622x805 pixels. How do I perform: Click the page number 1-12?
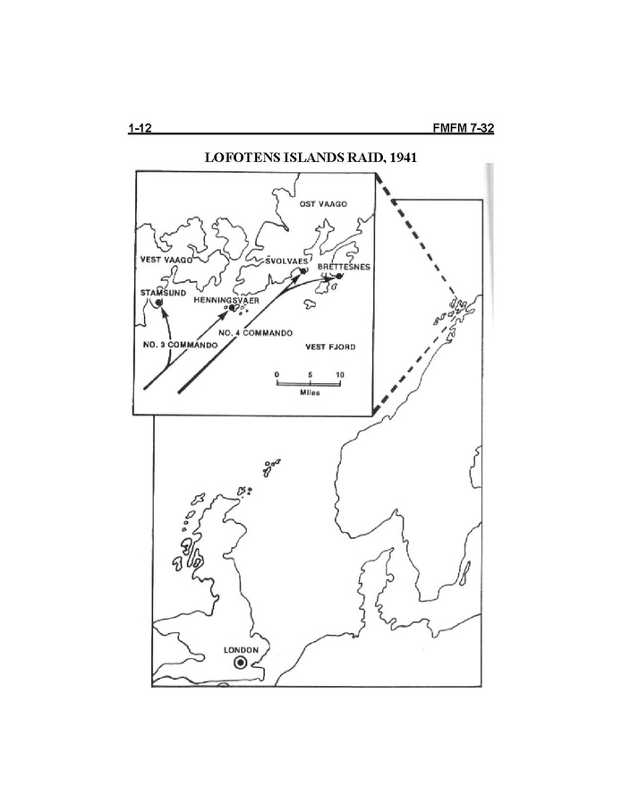(x=141, y=128)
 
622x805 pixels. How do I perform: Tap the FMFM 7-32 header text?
(x=463, y=128)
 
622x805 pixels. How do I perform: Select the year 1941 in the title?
(x=403, y=158)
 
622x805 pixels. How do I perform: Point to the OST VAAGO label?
(x=323, y=204)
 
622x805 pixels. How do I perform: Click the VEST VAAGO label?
(x=166, y=260)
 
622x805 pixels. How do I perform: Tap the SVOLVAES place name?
(x=287, y=261)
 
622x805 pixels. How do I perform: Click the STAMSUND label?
(x=163, y=293)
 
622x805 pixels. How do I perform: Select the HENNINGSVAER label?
(x=226, y=300)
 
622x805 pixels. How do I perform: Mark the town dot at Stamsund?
(x=158, y=303)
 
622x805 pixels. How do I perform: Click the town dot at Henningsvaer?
(x=232, y=307)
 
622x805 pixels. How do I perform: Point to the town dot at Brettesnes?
(x=338, y=276)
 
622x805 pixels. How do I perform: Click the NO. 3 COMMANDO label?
(x=180, y=345)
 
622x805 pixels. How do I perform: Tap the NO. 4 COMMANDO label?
(x=256, y=333)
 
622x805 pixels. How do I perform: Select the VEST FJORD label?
(x=330, y=347)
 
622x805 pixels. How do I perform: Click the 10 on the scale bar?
(x=340, y=375)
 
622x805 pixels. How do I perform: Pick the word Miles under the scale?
(x=310, y=393)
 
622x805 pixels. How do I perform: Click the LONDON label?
(x=242, y=650)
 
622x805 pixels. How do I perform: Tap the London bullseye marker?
(x=240, y=663)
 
